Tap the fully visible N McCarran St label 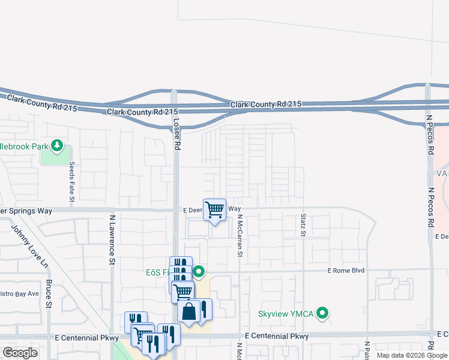click(239, 236)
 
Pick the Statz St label click(303, 224)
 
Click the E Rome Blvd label click(346, 271)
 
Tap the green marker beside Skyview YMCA click(324, 313)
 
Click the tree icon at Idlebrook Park click(57, 145)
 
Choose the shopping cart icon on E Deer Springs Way click(214, 210)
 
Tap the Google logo click(20, 353)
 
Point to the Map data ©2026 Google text click(412, 355)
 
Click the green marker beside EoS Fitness click(199, 272)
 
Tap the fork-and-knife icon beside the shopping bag click(204, 309)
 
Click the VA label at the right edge click(442, 173)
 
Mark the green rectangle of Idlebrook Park click(54, 156)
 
